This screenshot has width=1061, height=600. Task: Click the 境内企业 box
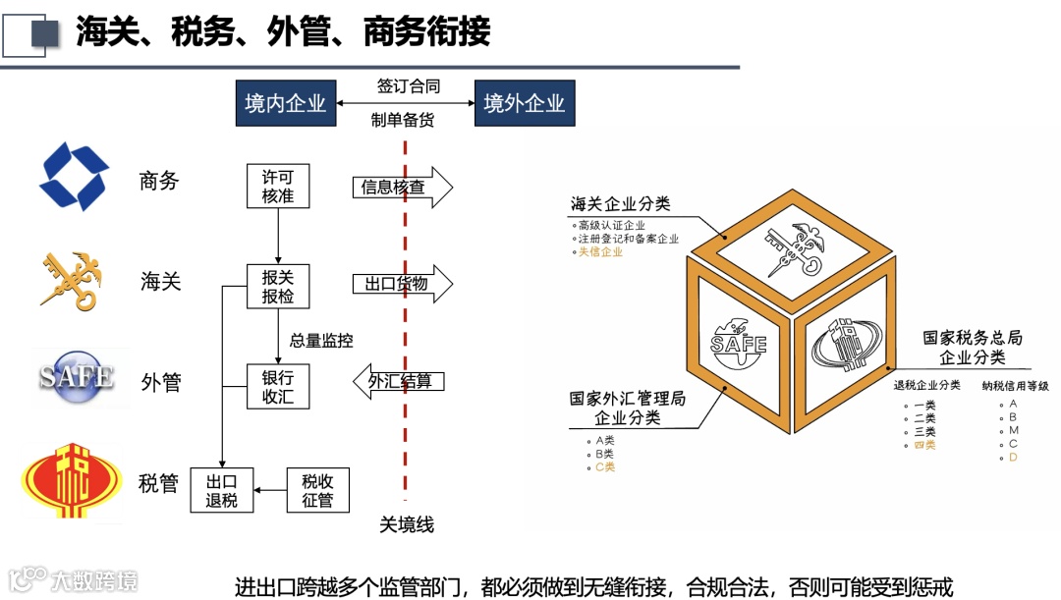[x=285, y=103]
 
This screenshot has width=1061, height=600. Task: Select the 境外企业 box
[x=525, y=103]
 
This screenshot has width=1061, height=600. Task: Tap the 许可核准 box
[x=277, y=187]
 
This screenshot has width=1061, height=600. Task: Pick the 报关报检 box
[x=277, y=287]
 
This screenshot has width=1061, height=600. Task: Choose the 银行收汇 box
[x=277, y=387]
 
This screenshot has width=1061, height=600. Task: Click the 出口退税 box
[x=221, y=490]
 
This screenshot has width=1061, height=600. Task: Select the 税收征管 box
[x=317, y=490]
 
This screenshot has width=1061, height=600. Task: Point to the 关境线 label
[x=407, y=525]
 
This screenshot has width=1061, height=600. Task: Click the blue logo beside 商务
[x=74, y=177]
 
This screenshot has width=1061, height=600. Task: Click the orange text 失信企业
[x=600, y=252]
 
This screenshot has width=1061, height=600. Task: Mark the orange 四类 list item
[x=924, y=445]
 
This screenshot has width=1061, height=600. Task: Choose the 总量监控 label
[x=321, y=341]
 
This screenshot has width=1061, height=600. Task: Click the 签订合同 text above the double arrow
[x=409, y=85]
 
